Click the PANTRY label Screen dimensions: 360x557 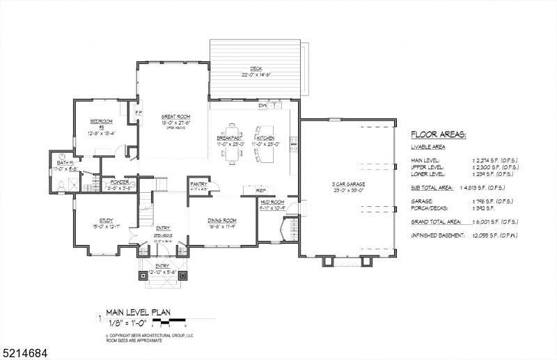coord(198,185)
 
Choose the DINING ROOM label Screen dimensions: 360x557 coord(223,220)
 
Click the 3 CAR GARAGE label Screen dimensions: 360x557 coord(348,184)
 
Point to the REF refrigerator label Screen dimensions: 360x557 coord(261,190)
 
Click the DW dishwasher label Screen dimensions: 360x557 coord(262,106)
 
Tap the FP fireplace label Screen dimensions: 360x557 coord(138,112)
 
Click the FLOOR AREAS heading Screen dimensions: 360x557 coord(438,135)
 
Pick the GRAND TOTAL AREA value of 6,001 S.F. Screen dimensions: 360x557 coord(496,222)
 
